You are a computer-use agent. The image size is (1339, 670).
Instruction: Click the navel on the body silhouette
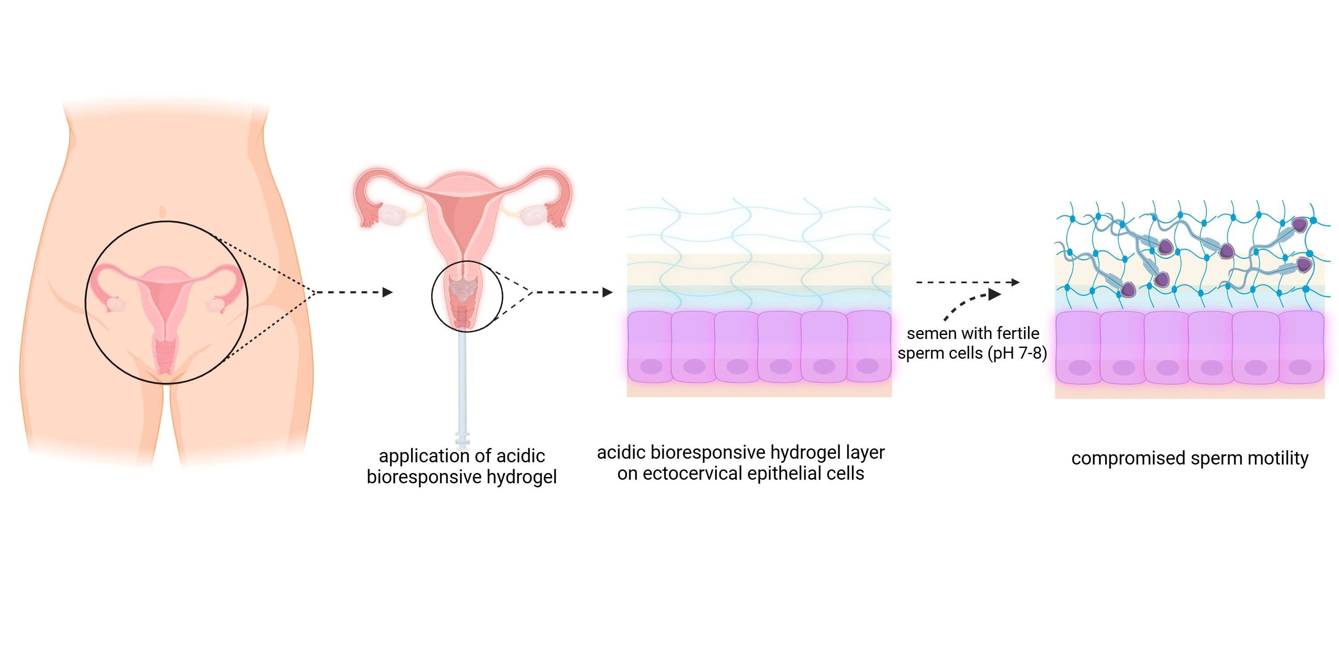tap(162, 212)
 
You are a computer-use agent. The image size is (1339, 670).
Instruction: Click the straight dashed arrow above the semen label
tap(967, 282)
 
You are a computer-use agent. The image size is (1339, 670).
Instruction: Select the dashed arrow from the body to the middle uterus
tap(353, 293)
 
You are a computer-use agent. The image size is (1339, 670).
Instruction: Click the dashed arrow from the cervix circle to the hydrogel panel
tap(572, 293)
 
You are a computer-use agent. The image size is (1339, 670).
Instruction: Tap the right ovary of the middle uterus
tap(533, 215)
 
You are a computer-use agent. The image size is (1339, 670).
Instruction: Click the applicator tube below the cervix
tap(462, 385)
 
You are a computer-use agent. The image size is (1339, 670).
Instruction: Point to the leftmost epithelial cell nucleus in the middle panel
tap(651, 367)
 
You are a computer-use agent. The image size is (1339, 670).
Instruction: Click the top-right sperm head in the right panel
tap(1299, 225)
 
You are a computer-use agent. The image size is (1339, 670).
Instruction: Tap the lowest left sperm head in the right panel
tap(1127, 289)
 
